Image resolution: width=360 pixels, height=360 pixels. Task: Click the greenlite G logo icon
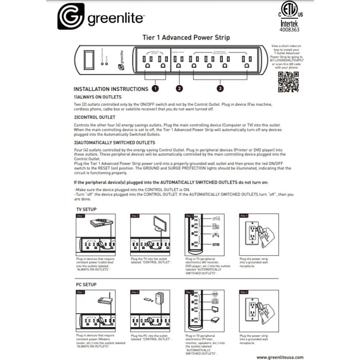(x=70, y=17)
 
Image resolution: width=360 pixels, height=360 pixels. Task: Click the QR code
(x=288, y=81)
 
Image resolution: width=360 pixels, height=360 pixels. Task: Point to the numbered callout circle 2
(x=180, y=89)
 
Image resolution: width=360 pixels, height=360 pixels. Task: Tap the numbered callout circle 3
(x=220, y=89)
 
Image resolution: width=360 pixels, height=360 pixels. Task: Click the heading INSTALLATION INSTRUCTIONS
(x=111, y=89)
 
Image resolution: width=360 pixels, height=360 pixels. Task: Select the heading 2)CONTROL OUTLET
(x=94, y=117)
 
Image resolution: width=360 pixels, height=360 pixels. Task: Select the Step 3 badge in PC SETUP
(x=189, y=292)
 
